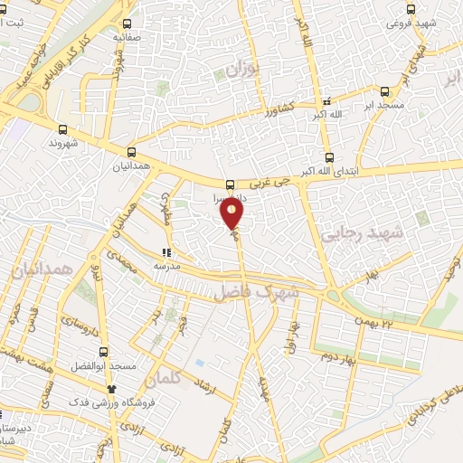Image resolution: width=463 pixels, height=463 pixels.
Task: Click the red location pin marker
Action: tap(232, 214)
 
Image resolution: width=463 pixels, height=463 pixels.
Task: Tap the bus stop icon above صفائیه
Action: tap(127, 24)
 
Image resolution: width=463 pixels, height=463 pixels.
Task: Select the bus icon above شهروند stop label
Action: tap(62, 129)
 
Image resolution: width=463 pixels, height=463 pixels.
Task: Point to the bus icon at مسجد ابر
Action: tap(385, 91)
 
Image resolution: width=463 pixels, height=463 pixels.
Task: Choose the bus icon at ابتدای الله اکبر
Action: tap(327, 156)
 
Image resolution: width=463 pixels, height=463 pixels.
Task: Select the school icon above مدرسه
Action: tap(165, 253)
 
